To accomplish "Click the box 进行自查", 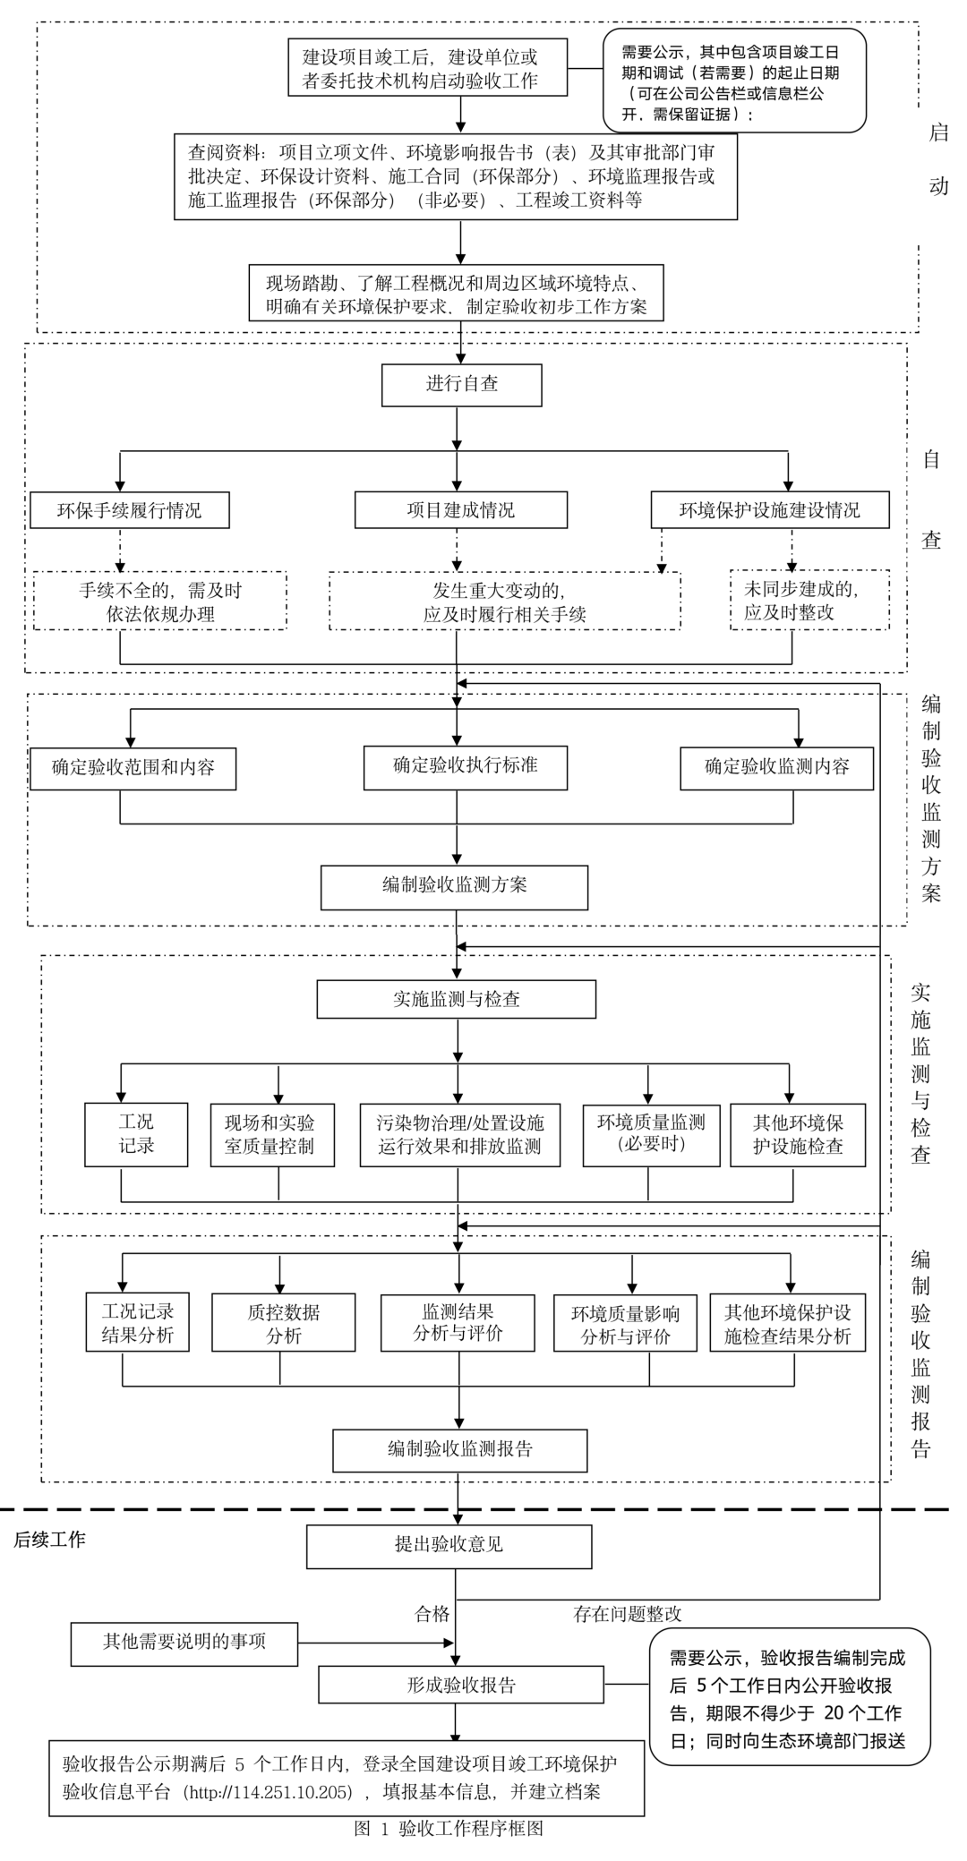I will [461, 385].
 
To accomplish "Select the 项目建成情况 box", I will [460, 510].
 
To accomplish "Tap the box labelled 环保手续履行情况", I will [129, 510].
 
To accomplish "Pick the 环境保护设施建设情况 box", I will [769, 510].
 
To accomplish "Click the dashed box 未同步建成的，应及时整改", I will [809, 601].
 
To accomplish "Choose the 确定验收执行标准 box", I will [465, 766].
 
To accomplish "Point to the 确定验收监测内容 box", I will [776, 767].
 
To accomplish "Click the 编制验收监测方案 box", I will [454, 886].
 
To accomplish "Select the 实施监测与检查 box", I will [456, 999].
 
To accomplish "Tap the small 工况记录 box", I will [136, 1134].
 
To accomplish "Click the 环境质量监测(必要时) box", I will [651, 1134].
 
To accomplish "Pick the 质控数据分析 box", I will [283, 1323].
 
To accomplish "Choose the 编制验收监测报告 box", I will [459, 1450].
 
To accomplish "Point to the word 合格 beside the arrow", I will [432, 1614].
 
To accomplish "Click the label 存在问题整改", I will [627, 1614].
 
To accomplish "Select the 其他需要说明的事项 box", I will [184, 1642].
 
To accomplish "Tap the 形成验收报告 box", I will [461, 1685].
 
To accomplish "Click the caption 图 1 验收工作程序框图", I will [448, 1829].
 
